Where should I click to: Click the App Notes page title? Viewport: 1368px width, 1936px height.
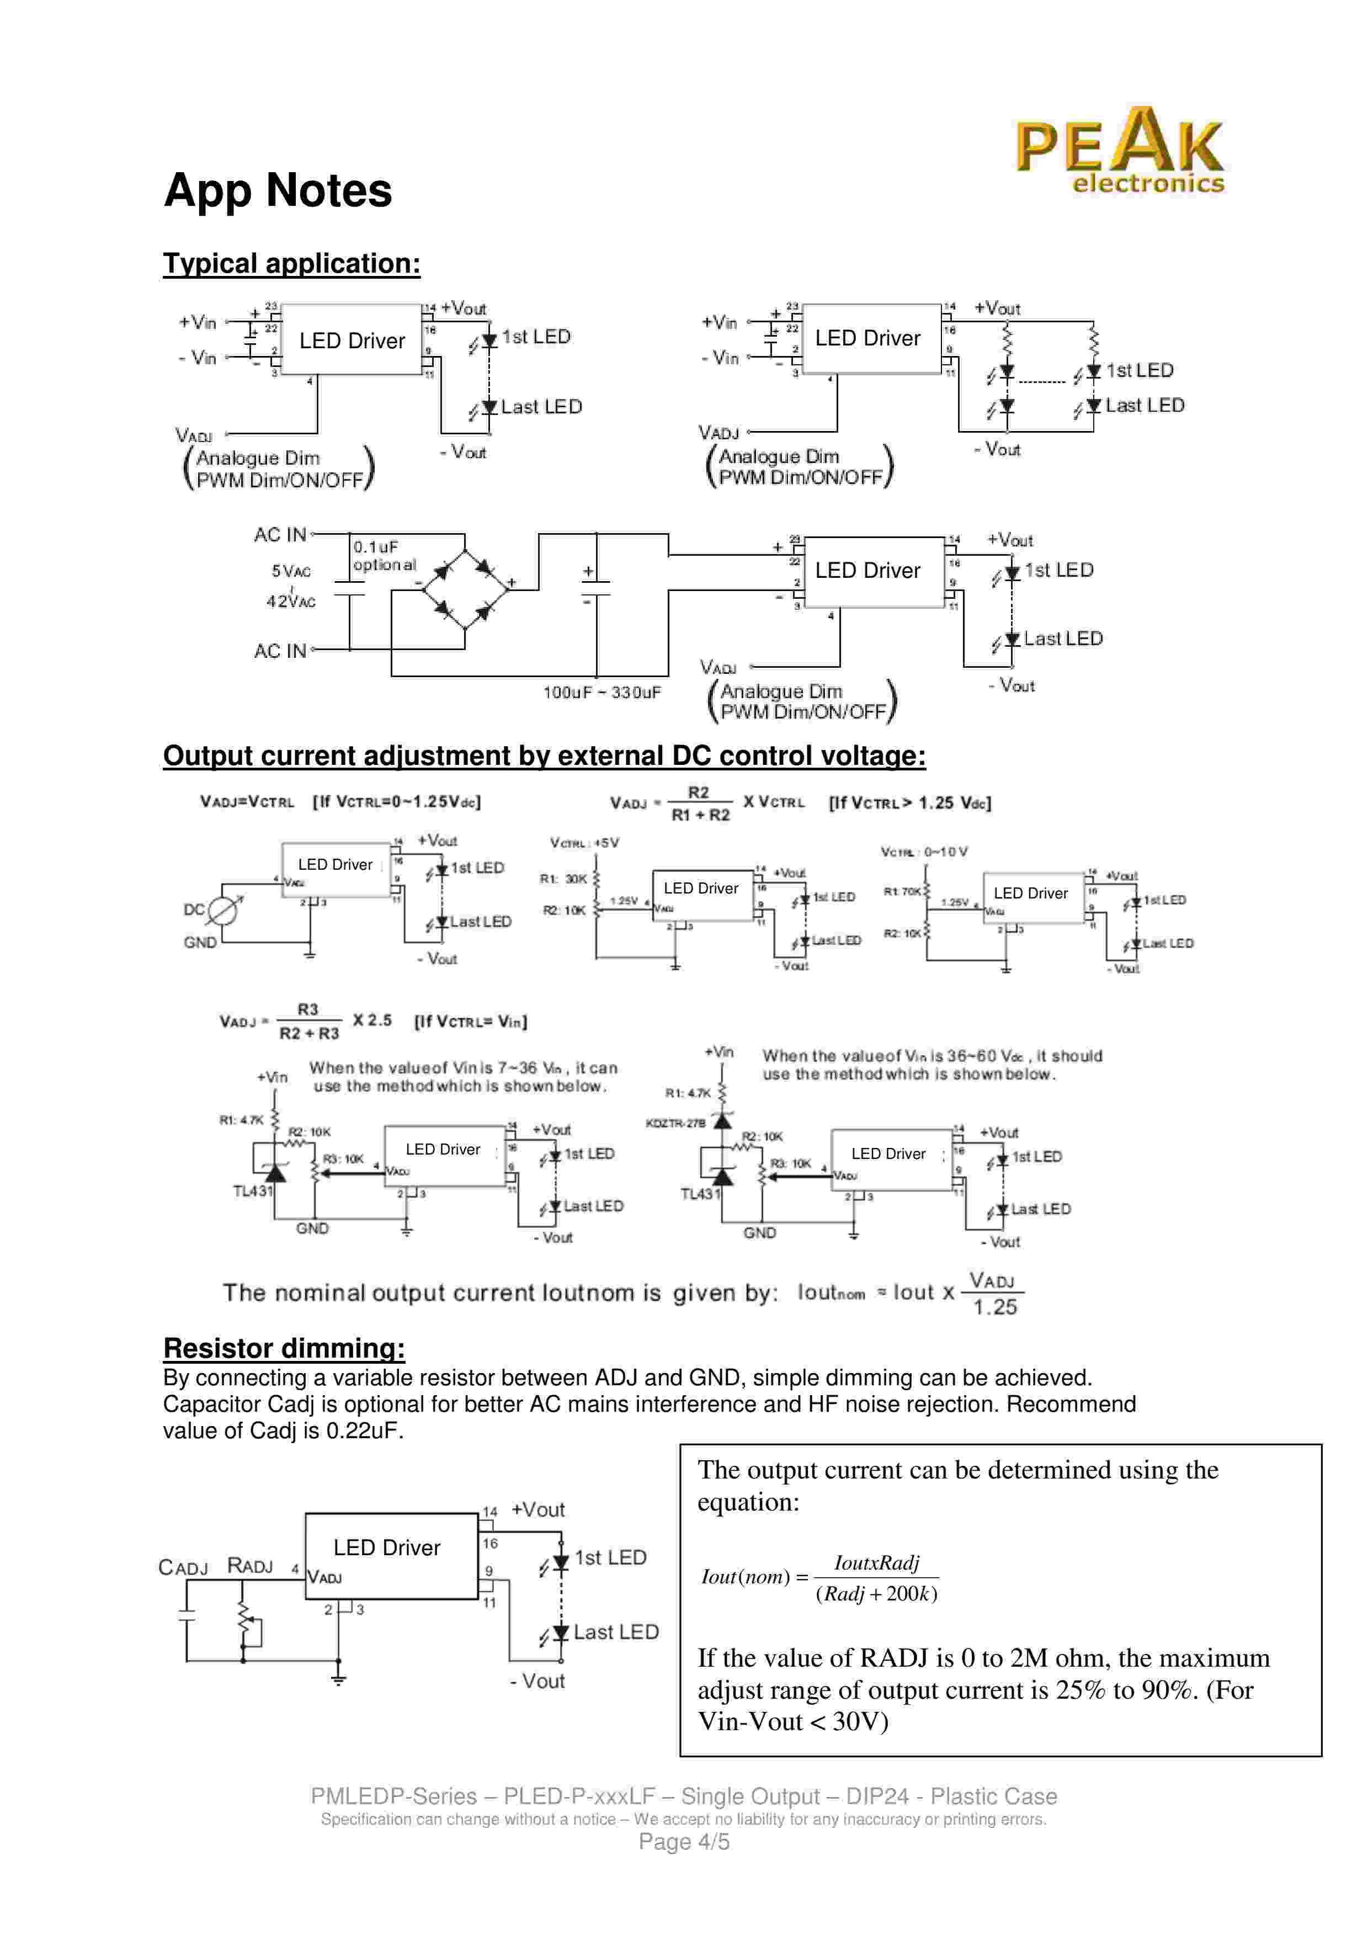pyautogui.click(x=278, y=190)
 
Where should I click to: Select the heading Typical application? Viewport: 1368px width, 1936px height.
pyautogui.click(x=291, y=263)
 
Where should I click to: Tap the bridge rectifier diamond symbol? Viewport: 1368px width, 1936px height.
pyautogui.click(x=465, y=582)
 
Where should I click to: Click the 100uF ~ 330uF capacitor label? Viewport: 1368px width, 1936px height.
pyautogui.click(x=602, y=692)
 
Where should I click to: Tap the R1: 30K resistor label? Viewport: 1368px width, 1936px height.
pyautogui.click(x=563, y=879)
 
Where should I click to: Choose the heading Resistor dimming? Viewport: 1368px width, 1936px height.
pyautogui.click(x=284, y=1348)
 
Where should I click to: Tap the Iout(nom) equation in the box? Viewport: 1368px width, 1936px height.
pyautogui.click(x=819, y=1577)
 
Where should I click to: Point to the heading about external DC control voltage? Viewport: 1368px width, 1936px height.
pyautogui.click(x=545, y=756)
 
